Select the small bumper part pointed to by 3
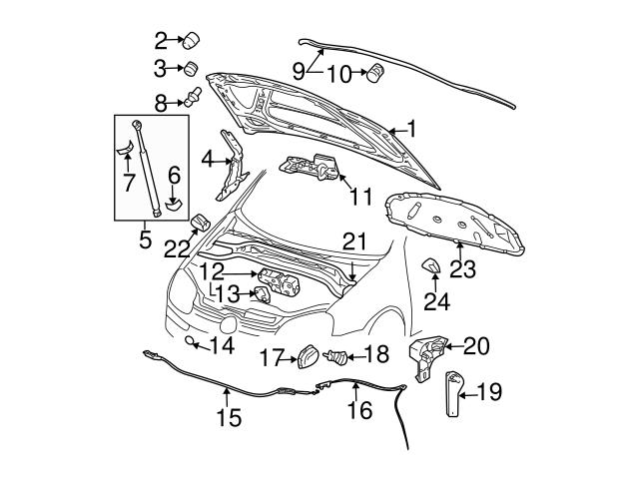coord(187,69)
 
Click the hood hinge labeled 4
coord(234,166)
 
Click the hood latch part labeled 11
coord(312,167)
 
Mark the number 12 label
coord(211,271)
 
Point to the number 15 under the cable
coord(228,417)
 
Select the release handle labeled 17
coord(308,356)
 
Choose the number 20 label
coord(477,346)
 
